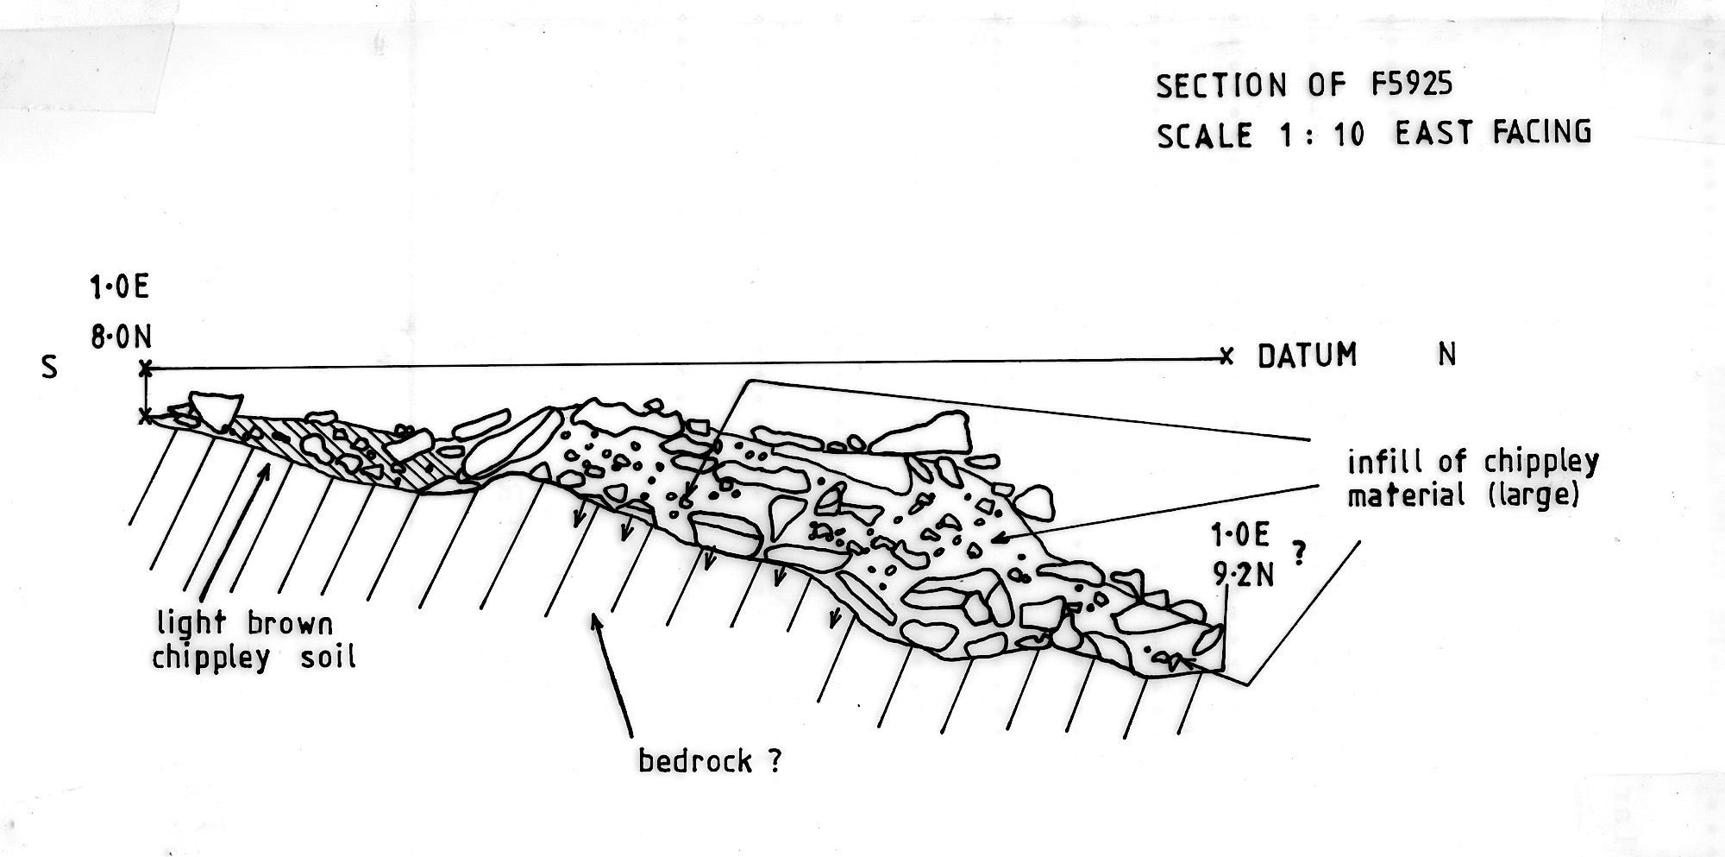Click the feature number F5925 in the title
pos(1412,84)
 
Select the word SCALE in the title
pos(1205,135)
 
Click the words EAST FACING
pos(1494,132)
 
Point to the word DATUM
pos(1308,356)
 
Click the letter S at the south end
pos(50,368)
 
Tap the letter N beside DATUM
pos(1447,355)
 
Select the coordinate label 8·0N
pos(122,337)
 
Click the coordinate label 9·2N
pos(1243,574)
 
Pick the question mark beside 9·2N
pos(1300,553)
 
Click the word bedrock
pos(694,760)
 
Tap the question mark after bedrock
pos(774,761)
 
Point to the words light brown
pos(245,623)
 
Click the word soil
pos(328,659)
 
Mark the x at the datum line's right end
pos(1226,356)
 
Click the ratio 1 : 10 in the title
pos(1321,135)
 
